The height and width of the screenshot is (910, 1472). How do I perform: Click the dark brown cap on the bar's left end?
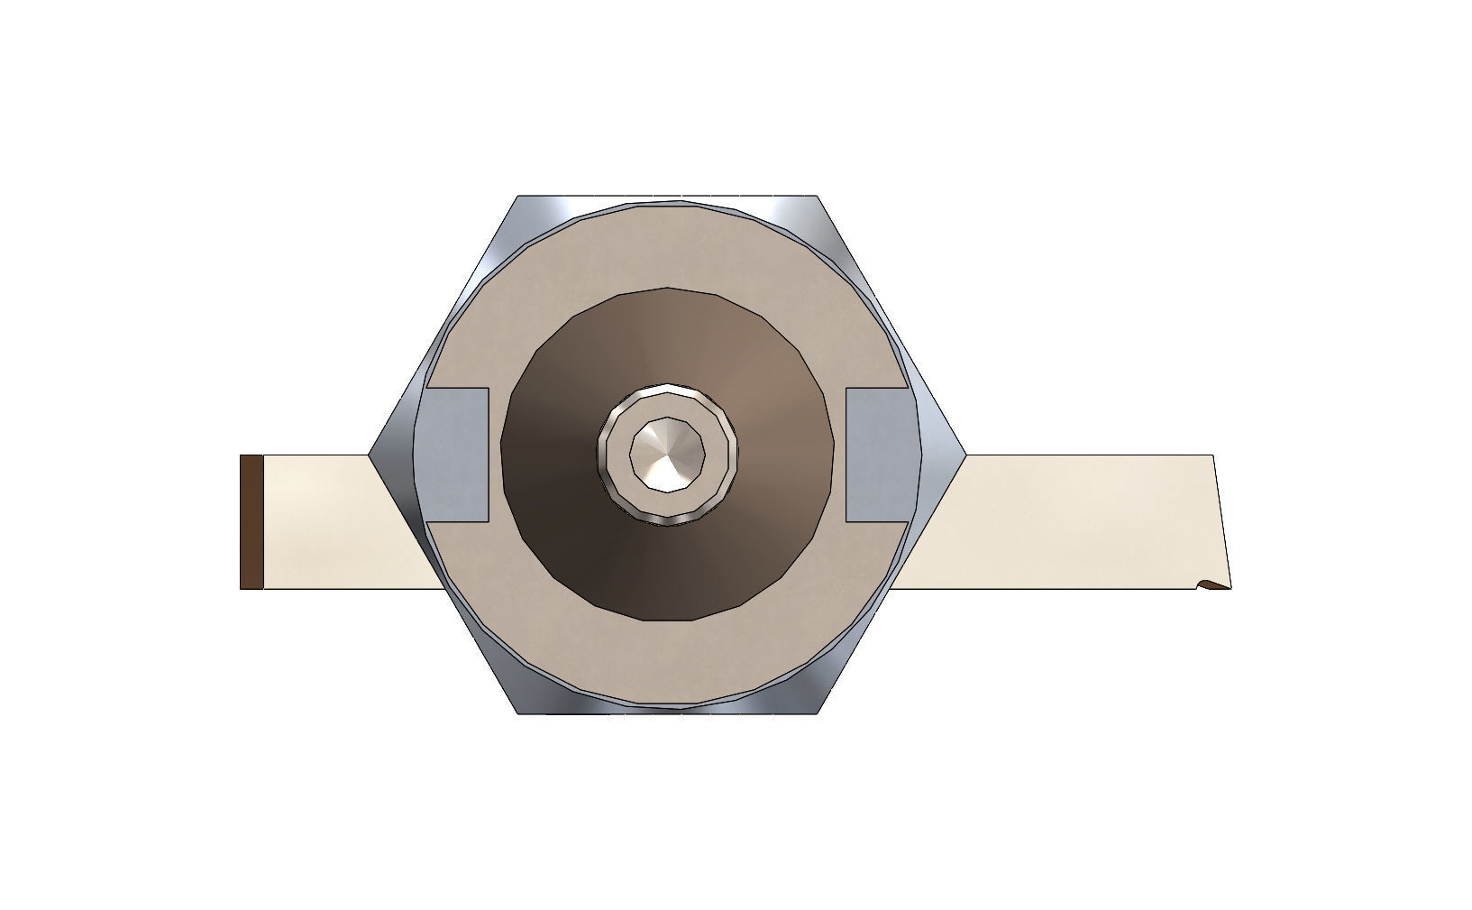251,521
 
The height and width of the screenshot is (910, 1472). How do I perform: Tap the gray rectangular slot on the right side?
877,455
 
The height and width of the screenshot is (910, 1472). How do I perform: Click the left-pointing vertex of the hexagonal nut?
370,455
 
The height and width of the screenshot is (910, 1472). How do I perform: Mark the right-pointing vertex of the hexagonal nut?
965,455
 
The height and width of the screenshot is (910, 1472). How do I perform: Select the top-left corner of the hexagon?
518,197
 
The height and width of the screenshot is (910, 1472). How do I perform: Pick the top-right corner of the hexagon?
817,197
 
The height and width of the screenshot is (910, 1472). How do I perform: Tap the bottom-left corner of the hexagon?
518,712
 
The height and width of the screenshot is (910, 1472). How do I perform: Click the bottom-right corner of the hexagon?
817,712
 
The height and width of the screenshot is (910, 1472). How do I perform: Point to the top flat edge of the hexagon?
667,198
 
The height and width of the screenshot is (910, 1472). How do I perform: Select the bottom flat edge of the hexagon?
667,712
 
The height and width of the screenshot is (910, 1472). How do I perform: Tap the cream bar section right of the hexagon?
1064,521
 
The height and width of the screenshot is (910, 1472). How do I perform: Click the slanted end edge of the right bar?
1222,521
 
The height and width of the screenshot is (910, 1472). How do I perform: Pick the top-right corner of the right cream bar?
1213,456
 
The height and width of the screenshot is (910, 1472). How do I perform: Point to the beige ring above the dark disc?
667,248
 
